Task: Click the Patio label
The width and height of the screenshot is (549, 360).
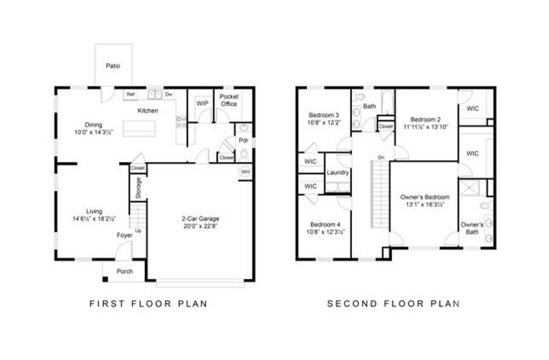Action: [112, 66]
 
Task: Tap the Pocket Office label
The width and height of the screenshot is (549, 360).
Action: [229, 102]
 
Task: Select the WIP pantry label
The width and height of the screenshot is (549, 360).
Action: [202, 103]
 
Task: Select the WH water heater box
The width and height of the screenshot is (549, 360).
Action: [245, 171]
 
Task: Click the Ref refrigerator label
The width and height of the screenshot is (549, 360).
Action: [130, 94]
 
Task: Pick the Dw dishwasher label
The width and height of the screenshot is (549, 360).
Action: [169, 94]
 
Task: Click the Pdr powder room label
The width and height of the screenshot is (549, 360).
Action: [243, 140]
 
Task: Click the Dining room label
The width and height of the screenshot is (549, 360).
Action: [93, 124]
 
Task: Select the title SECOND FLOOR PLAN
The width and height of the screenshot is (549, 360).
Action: [394, 303]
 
